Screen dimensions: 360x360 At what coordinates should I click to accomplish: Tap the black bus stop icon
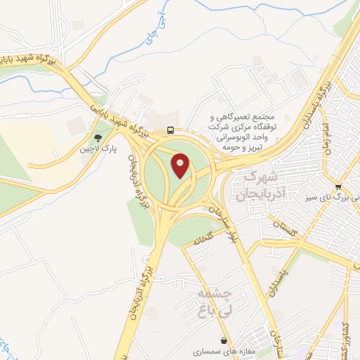click(171, 129)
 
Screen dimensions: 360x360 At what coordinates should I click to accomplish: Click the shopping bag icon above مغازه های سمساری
click(224, 340)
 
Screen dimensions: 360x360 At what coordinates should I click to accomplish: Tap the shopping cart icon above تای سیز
click(338, 187)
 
